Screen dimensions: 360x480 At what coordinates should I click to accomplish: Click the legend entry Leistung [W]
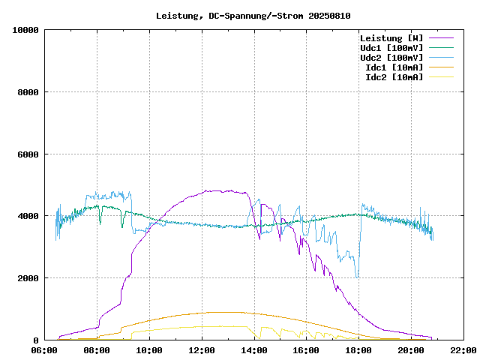391,37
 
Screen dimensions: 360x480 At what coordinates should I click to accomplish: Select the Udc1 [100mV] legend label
391,47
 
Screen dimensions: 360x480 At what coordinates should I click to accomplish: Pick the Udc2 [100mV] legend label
391,57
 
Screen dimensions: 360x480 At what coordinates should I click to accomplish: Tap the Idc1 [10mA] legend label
394,67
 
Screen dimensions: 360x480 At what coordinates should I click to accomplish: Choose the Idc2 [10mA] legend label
394,76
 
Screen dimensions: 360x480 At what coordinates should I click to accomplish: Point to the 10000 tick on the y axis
25,30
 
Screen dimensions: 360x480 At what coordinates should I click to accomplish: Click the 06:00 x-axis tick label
45,350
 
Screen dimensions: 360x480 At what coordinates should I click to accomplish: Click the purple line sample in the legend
442,37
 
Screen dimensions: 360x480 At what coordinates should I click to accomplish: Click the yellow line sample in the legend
442,76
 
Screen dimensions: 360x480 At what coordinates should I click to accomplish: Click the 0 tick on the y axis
37,340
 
